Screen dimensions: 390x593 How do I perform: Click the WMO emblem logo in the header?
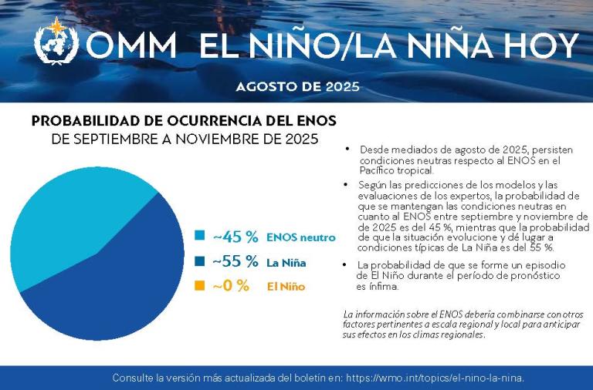(56, 43)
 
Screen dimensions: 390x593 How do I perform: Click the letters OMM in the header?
(131, 46)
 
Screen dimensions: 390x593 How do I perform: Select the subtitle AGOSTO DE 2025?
(297, 86)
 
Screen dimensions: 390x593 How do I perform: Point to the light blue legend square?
(199, 237)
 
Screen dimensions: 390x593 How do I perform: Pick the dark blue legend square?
(199, 261)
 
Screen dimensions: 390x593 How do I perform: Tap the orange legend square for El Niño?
(199, 286)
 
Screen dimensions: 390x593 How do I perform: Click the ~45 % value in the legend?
(235, 237)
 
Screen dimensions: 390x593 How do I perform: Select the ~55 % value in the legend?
(235, 261)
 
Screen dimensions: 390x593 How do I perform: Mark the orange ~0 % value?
(231, 286)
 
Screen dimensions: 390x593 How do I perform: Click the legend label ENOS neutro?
(301, 237)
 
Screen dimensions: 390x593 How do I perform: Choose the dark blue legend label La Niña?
(286, 263)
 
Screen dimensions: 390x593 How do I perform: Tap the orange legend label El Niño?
(286, 287)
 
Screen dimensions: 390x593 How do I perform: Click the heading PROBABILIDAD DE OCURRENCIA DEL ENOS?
(184, 122)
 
